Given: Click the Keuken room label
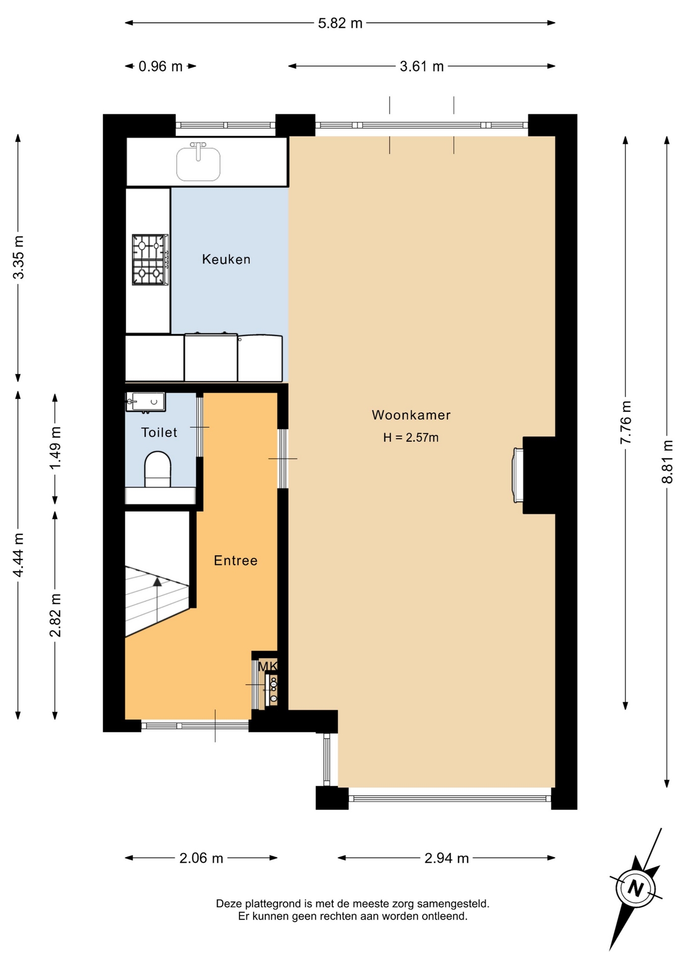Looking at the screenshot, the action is pos(226,259).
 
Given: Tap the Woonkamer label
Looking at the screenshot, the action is pos(411,415).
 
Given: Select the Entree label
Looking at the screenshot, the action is pos(236,560).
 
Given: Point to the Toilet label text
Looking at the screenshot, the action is pos(159,433).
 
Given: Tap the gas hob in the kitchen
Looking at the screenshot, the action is pos(150,259).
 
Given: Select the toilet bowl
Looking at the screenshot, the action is pos(158,469).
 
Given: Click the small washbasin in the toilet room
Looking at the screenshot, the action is pos(146,402).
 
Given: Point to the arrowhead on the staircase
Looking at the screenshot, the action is pos(157,582).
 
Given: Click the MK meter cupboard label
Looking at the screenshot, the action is pos(267,667).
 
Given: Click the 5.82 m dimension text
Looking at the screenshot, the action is pos(340,23).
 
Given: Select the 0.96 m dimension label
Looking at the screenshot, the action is pos(160,66).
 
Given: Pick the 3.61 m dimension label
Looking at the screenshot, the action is pos(422,66).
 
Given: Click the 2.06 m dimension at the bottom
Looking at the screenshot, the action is pos(201,858).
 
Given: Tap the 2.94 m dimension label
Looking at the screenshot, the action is pos(447,858).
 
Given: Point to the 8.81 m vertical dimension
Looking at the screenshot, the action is pos(667,462).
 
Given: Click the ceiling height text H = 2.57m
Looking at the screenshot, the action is pos(411,438).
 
